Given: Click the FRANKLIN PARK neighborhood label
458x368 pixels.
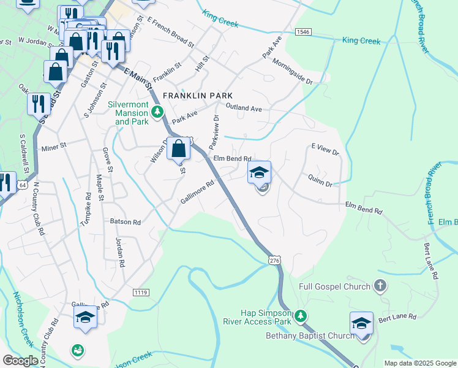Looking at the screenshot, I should pyautogui.click(x=198, y=96).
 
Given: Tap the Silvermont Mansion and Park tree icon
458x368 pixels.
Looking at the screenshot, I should pyautogui.click(x=158, y=112).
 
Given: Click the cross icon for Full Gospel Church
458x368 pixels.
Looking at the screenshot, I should pyautogui.click(x=380, y=286).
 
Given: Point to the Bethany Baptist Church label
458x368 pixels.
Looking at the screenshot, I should pyautogui.click(x=310, y=335).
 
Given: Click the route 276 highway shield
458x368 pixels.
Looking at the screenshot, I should pyautogui.click(x=274, y=261).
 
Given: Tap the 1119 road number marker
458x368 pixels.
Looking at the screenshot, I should pyautogui.click(x=140, y=293).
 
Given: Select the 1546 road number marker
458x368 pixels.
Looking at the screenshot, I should pyautogui.click(x=302, y=31).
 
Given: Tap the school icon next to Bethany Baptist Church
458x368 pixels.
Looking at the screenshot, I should pyautogui.click(x=361, y=323).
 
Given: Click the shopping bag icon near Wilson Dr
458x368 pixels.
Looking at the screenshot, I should pyautogui.click(x=178, y=148).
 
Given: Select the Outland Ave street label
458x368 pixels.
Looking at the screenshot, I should pyautogui.click(x=243, y=108).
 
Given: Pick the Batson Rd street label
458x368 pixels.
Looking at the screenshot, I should pyautogui.click(x=125, y=221).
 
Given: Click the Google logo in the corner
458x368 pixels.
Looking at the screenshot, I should pyautogui.click(x=20, y=361).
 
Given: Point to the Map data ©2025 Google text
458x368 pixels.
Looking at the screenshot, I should pyautogui.click(x=420, y=363).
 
